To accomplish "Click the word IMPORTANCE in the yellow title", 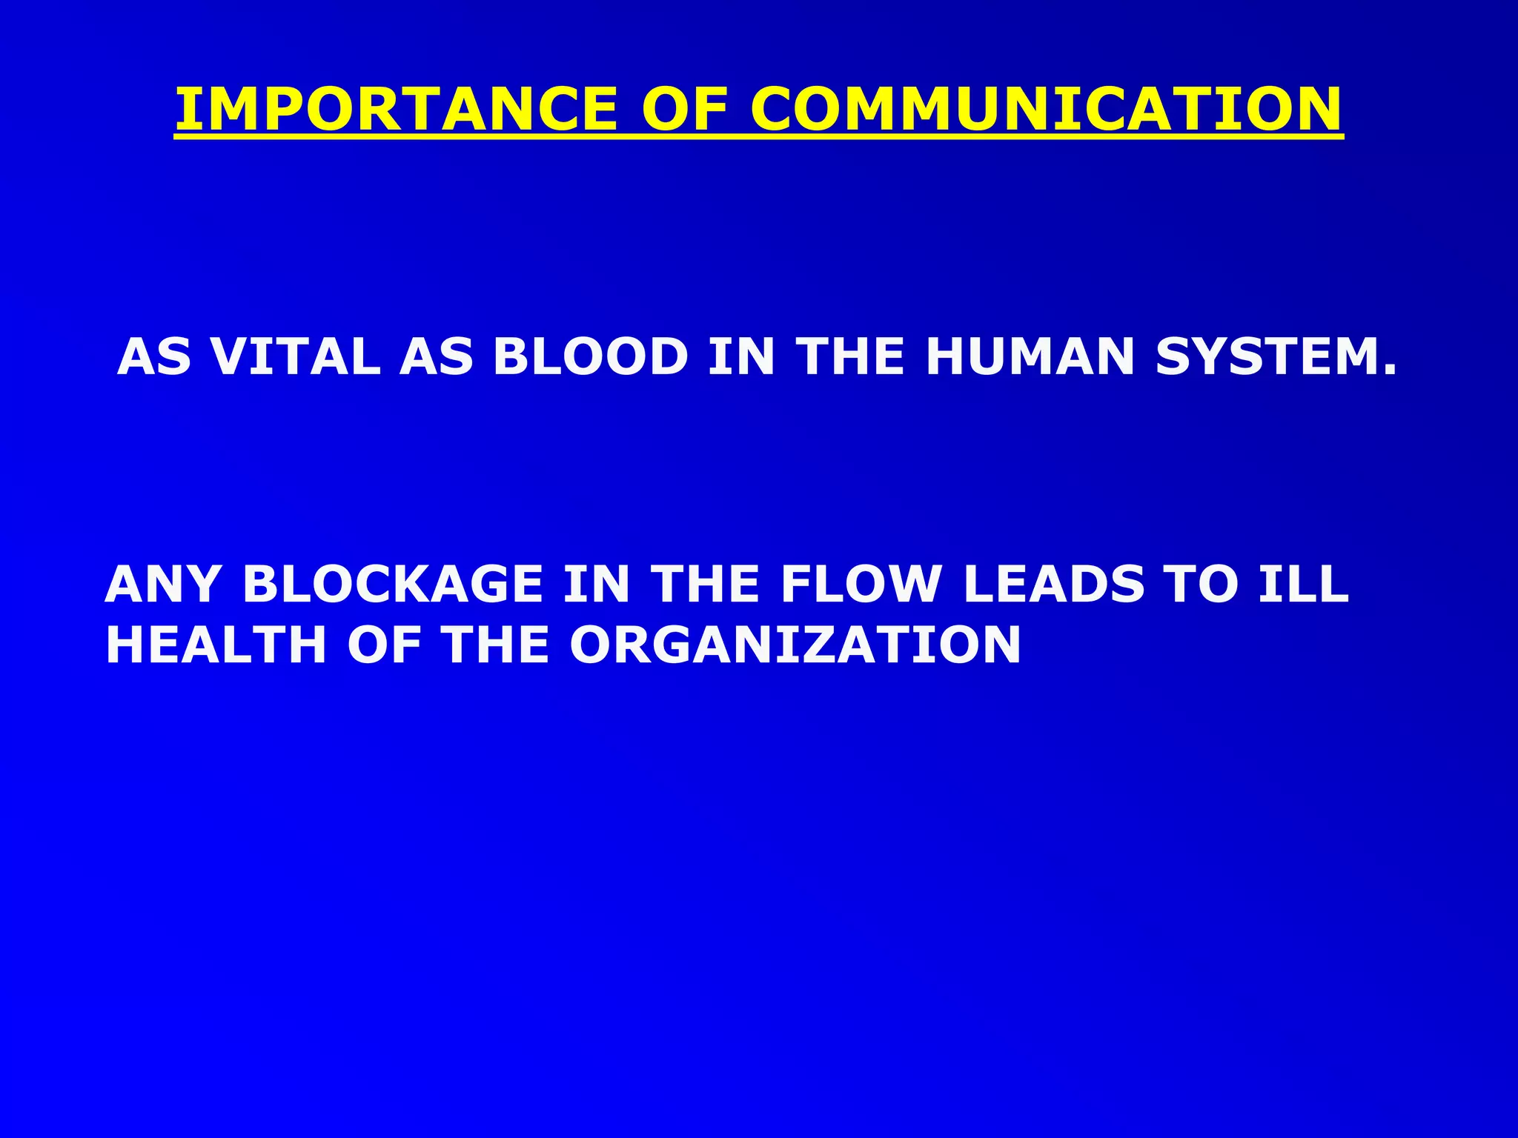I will pos(396,109).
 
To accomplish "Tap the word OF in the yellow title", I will pos(683,109).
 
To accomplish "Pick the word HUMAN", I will pos(1030,357).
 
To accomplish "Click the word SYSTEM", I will pos(1265,357).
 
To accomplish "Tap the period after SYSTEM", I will pos(1388,370).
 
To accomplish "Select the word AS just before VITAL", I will pos(154,357).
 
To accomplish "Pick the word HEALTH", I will pos(216,645).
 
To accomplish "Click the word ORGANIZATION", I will pos(795,645).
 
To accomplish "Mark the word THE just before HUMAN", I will pos(850,357).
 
